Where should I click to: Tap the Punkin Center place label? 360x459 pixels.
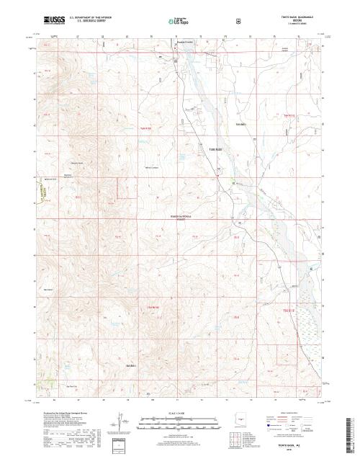186,42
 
